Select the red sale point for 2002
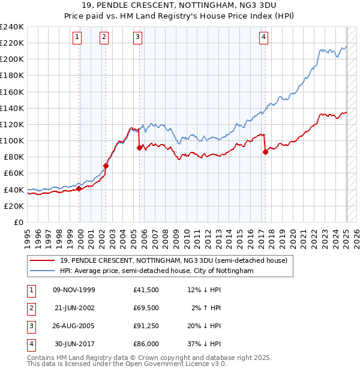(x=106, y=166)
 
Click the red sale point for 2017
(x=265, y=152)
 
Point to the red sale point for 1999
(x=79, y=188)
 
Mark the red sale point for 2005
(x=139, y=148)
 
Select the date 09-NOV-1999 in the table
(x=74, y=290)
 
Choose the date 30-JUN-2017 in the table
(x=74, y=344)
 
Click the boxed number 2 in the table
(x=31, y=308)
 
